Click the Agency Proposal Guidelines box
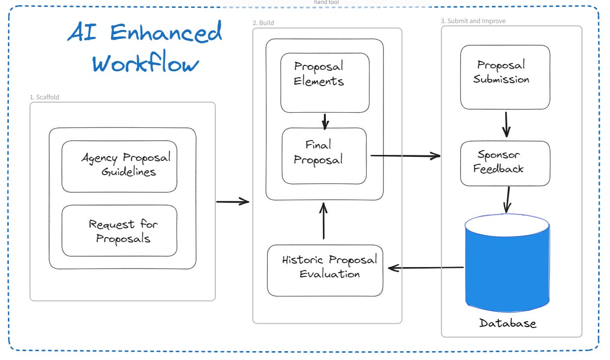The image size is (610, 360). [x=119, y=166]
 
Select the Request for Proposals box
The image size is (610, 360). [x=119, y=231]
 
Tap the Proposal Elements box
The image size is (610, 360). [x=325, y=83]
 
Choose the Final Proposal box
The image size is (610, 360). [x=324, y=156]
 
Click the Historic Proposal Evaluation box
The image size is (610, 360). [x=325, y=270]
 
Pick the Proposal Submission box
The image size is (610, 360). [x=505, y=77]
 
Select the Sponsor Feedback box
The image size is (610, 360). [x=505, y=163]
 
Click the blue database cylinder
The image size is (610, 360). [x=507, y=263]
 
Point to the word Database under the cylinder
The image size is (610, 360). [x=508, y=323]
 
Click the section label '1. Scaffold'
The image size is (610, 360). [x=44, y=97]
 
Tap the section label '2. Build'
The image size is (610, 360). [x=263, y=23]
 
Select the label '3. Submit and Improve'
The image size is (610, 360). [x=473, y=21]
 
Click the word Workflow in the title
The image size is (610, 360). [x=145, y=61]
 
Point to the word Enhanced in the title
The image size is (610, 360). [x=166, y=32]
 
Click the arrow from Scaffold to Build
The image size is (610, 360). [x=232, y=202]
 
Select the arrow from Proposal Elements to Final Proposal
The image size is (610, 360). [x=325, y=121]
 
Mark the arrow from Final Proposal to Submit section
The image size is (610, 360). [x=406, y=156]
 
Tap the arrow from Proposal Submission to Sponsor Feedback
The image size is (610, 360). [x=506, y=124]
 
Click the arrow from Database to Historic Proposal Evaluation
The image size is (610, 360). [x=426, y=268]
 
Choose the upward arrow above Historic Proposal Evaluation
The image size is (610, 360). [x=323, y=221]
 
